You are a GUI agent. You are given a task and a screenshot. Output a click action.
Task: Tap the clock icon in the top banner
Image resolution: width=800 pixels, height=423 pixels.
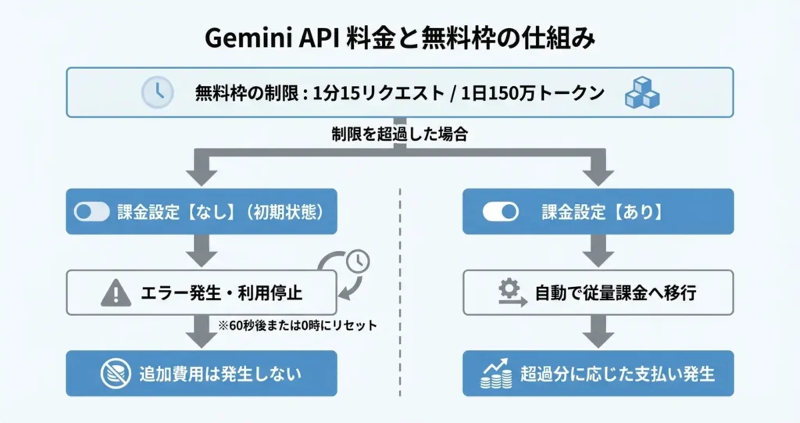[157, 92]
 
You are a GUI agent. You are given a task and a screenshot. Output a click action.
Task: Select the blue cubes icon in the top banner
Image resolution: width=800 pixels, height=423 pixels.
[641, 93]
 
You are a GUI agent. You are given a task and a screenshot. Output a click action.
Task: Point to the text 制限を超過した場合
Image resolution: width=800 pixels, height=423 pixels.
[399, 134]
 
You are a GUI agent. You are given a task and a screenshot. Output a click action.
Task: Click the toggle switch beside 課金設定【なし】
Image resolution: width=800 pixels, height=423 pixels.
[91, 211]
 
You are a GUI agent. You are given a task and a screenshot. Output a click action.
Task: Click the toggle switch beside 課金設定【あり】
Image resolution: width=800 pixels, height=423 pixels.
[500, 211]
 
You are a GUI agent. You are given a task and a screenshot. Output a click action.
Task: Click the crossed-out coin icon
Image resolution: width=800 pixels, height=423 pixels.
[116, 374]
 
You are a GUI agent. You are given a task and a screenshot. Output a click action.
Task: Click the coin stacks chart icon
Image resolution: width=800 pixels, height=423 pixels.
[496, 374]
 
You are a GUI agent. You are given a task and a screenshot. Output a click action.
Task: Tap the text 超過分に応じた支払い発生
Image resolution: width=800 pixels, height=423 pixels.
[617, 374]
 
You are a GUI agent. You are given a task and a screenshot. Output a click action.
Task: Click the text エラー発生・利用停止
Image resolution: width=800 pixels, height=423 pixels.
[220, 293]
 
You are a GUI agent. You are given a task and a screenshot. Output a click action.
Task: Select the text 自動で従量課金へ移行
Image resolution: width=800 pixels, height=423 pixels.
[616, 293]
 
